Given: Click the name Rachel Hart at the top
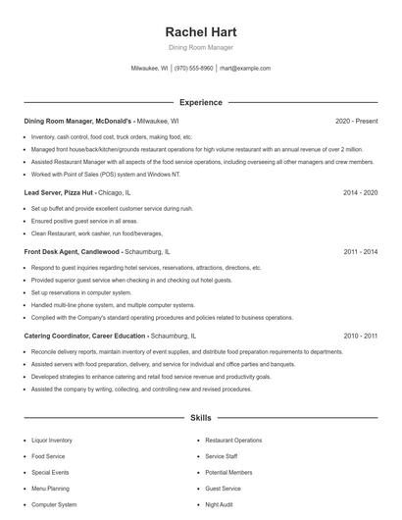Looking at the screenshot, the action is click(201, 32).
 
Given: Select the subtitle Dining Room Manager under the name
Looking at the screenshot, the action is click(201, 48).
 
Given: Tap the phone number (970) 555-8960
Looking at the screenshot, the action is click(194, 69).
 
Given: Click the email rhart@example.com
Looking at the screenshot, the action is click(245, 69).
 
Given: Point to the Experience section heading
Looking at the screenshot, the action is click(201, 102).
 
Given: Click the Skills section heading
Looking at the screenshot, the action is click(201, 418).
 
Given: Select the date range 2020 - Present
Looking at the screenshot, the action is click(356, 121).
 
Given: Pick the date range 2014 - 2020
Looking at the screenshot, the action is click(360, 193).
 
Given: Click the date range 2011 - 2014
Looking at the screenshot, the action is click(360, 252).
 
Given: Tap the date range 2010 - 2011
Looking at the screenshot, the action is click(360, 336).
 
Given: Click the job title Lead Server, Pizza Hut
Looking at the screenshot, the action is click(60, 193).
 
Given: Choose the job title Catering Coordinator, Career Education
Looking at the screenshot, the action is click(91, 336).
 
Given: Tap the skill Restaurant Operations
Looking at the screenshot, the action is click(233, 441).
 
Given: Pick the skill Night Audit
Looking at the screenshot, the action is click(220, 504).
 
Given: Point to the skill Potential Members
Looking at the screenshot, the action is click(228, 472).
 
